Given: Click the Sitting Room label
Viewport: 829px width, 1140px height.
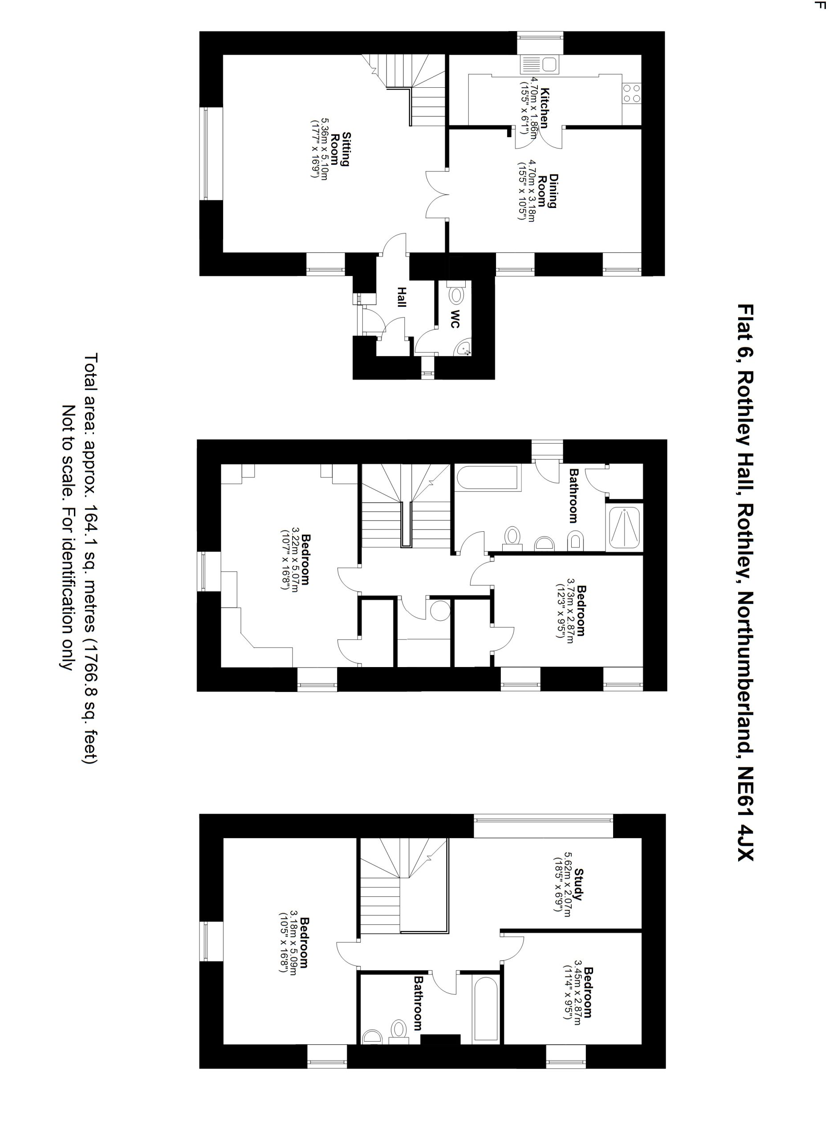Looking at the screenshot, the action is point(340,149).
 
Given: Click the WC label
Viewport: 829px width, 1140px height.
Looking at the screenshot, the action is point(454,319).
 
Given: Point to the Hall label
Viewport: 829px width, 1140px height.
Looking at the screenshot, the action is point(401,297).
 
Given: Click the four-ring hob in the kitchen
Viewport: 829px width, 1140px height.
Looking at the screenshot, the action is point(632,93).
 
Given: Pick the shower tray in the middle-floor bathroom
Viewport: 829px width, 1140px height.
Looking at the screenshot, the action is point(624,528).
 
